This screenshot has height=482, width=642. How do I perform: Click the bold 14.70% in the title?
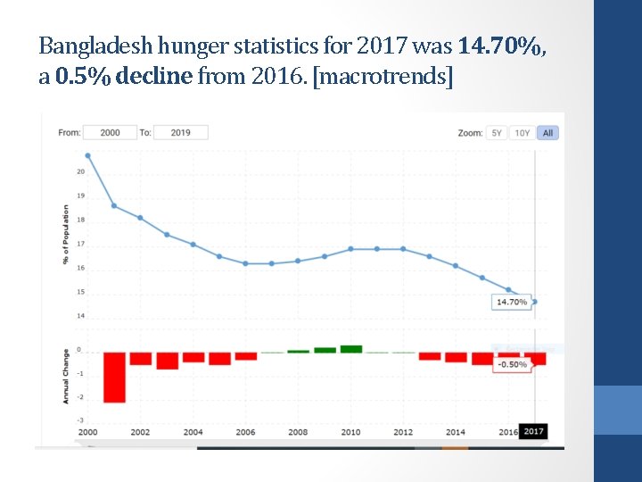tap(500, 46)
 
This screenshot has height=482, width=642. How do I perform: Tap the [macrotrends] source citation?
tap(384, 78)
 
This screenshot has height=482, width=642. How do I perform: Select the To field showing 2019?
tap(180, 132)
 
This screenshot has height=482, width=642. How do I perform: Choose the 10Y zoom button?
tap(522, 133)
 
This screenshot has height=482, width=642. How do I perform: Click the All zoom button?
tap(547, 133)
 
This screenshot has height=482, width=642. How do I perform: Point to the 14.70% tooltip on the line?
tap(512, 302)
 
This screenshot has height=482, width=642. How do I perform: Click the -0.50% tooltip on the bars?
tap(512, 364)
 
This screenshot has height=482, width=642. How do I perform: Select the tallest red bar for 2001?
tap(114, 377)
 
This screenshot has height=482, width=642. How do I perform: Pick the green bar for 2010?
tap(351, 349)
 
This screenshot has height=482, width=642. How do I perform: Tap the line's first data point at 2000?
tap(87, 155)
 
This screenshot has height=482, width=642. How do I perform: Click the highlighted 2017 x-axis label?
tap(533, 432)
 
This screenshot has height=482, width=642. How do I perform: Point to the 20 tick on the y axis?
tap(80, 171)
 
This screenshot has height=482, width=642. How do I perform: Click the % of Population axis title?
tap(66, 235)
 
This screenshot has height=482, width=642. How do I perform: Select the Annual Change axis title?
tap(66, 376)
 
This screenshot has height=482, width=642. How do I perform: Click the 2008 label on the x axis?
tap(298, 432)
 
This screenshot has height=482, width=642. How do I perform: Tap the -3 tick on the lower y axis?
tap(80, 420)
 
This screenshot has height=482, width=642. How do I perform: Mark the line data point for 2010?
tap(351, 249)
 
